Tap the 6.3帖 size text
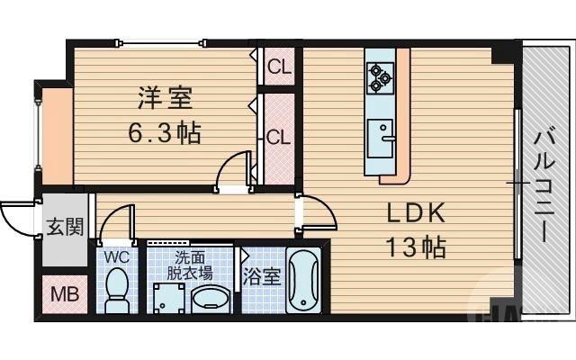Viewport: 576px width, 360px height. click(x=163, y=133)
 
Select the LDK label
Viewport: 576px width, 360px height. click(x=417, y=213)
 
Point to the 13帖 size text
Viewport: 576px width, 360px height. click(x=417, y=246)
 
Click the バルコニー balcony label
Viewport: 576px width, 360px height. click(x=544, y=184)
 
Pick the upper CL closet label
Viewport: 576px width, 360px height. click(x=278, y=66)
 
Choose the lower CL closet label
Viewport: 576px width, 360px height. click(x=277, y=137)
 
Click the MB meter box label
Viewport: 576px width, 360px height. click(x=63, y=293)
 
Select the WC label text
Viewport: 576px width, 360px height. click(x=117, y=256)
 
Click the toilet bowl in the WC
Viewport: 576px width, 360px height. click(x=116, y=290)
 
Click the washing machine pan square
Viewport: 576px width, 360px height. click(x=168, y=297)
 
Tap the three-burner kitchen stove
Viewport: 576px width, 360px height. click(x=378, y=77)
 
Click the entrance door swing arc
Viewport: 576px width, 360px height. click(x=16, y=217)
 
